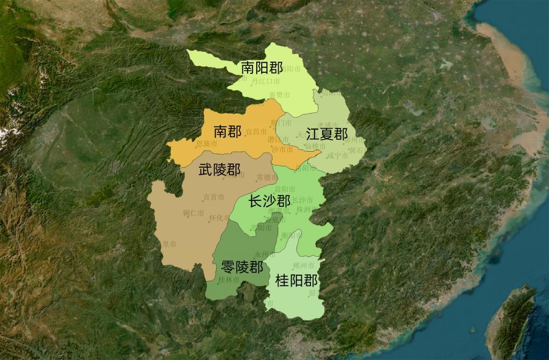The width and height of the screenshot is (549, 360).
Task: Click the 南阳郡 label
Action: click(262, 67)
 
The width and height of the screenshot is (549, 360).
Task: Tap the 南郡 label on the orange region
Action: click(227, 131)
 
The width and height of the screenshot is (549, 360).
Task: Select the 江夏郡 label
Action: click(327, 134)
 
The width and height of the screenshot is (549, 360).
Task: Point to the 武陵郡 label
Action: click(219, 170)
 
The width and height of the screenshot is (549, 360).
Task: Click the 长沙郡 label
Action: click(269, 201)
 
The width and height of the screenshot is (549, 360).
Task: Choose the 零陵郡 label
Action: click(242, 266)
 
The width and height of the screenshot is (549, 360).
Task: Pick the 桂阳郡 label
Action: click(296, 280)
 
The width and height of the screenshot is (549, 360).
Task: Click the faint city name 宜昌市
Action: click(256, 131)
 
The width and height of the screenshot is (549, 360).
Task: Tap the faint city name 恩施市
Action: click(207, 144)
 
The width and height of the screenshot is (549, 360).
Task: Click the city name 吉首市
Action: click(213, 197)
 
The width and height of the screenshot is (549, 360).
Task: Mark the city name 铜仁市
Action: click(193, 213)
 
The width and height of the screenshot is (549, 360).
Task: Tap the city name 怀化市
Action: click(219, 218)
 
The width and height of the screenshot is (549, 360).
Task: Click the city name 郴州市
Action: click(304, 265)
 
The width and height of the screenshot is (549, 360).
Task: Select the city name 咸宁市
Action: click(337, 155)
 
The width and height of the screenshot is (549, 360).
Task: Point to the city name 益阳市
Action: click(285, 189)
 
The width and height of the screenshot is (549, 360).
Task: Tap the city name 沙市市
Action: click(283, 150)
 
